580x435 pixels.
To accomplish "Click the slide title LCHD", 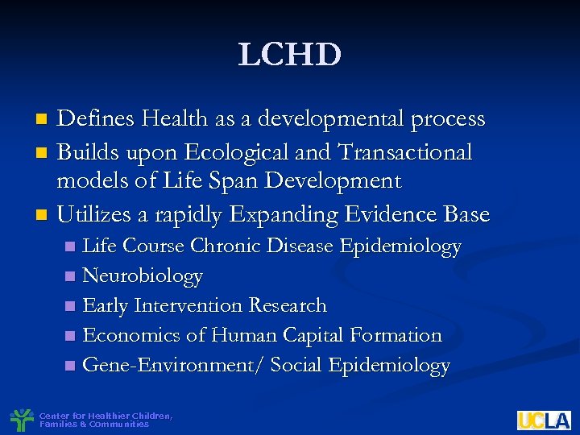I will click(x=290, y=56).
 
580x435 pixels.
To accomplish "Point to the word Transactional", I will click(x=404, y=151).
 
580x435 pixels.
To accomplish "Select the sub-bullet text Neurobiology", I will click(x=143, y=276).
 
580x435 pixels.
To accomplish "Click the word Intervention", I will click(x=190, y=305).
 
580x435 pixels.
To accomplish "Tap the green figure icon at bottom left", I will click(x=22, y=420).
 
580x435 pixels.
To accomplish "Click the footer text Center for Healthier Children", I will click(x=105, y=416).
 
